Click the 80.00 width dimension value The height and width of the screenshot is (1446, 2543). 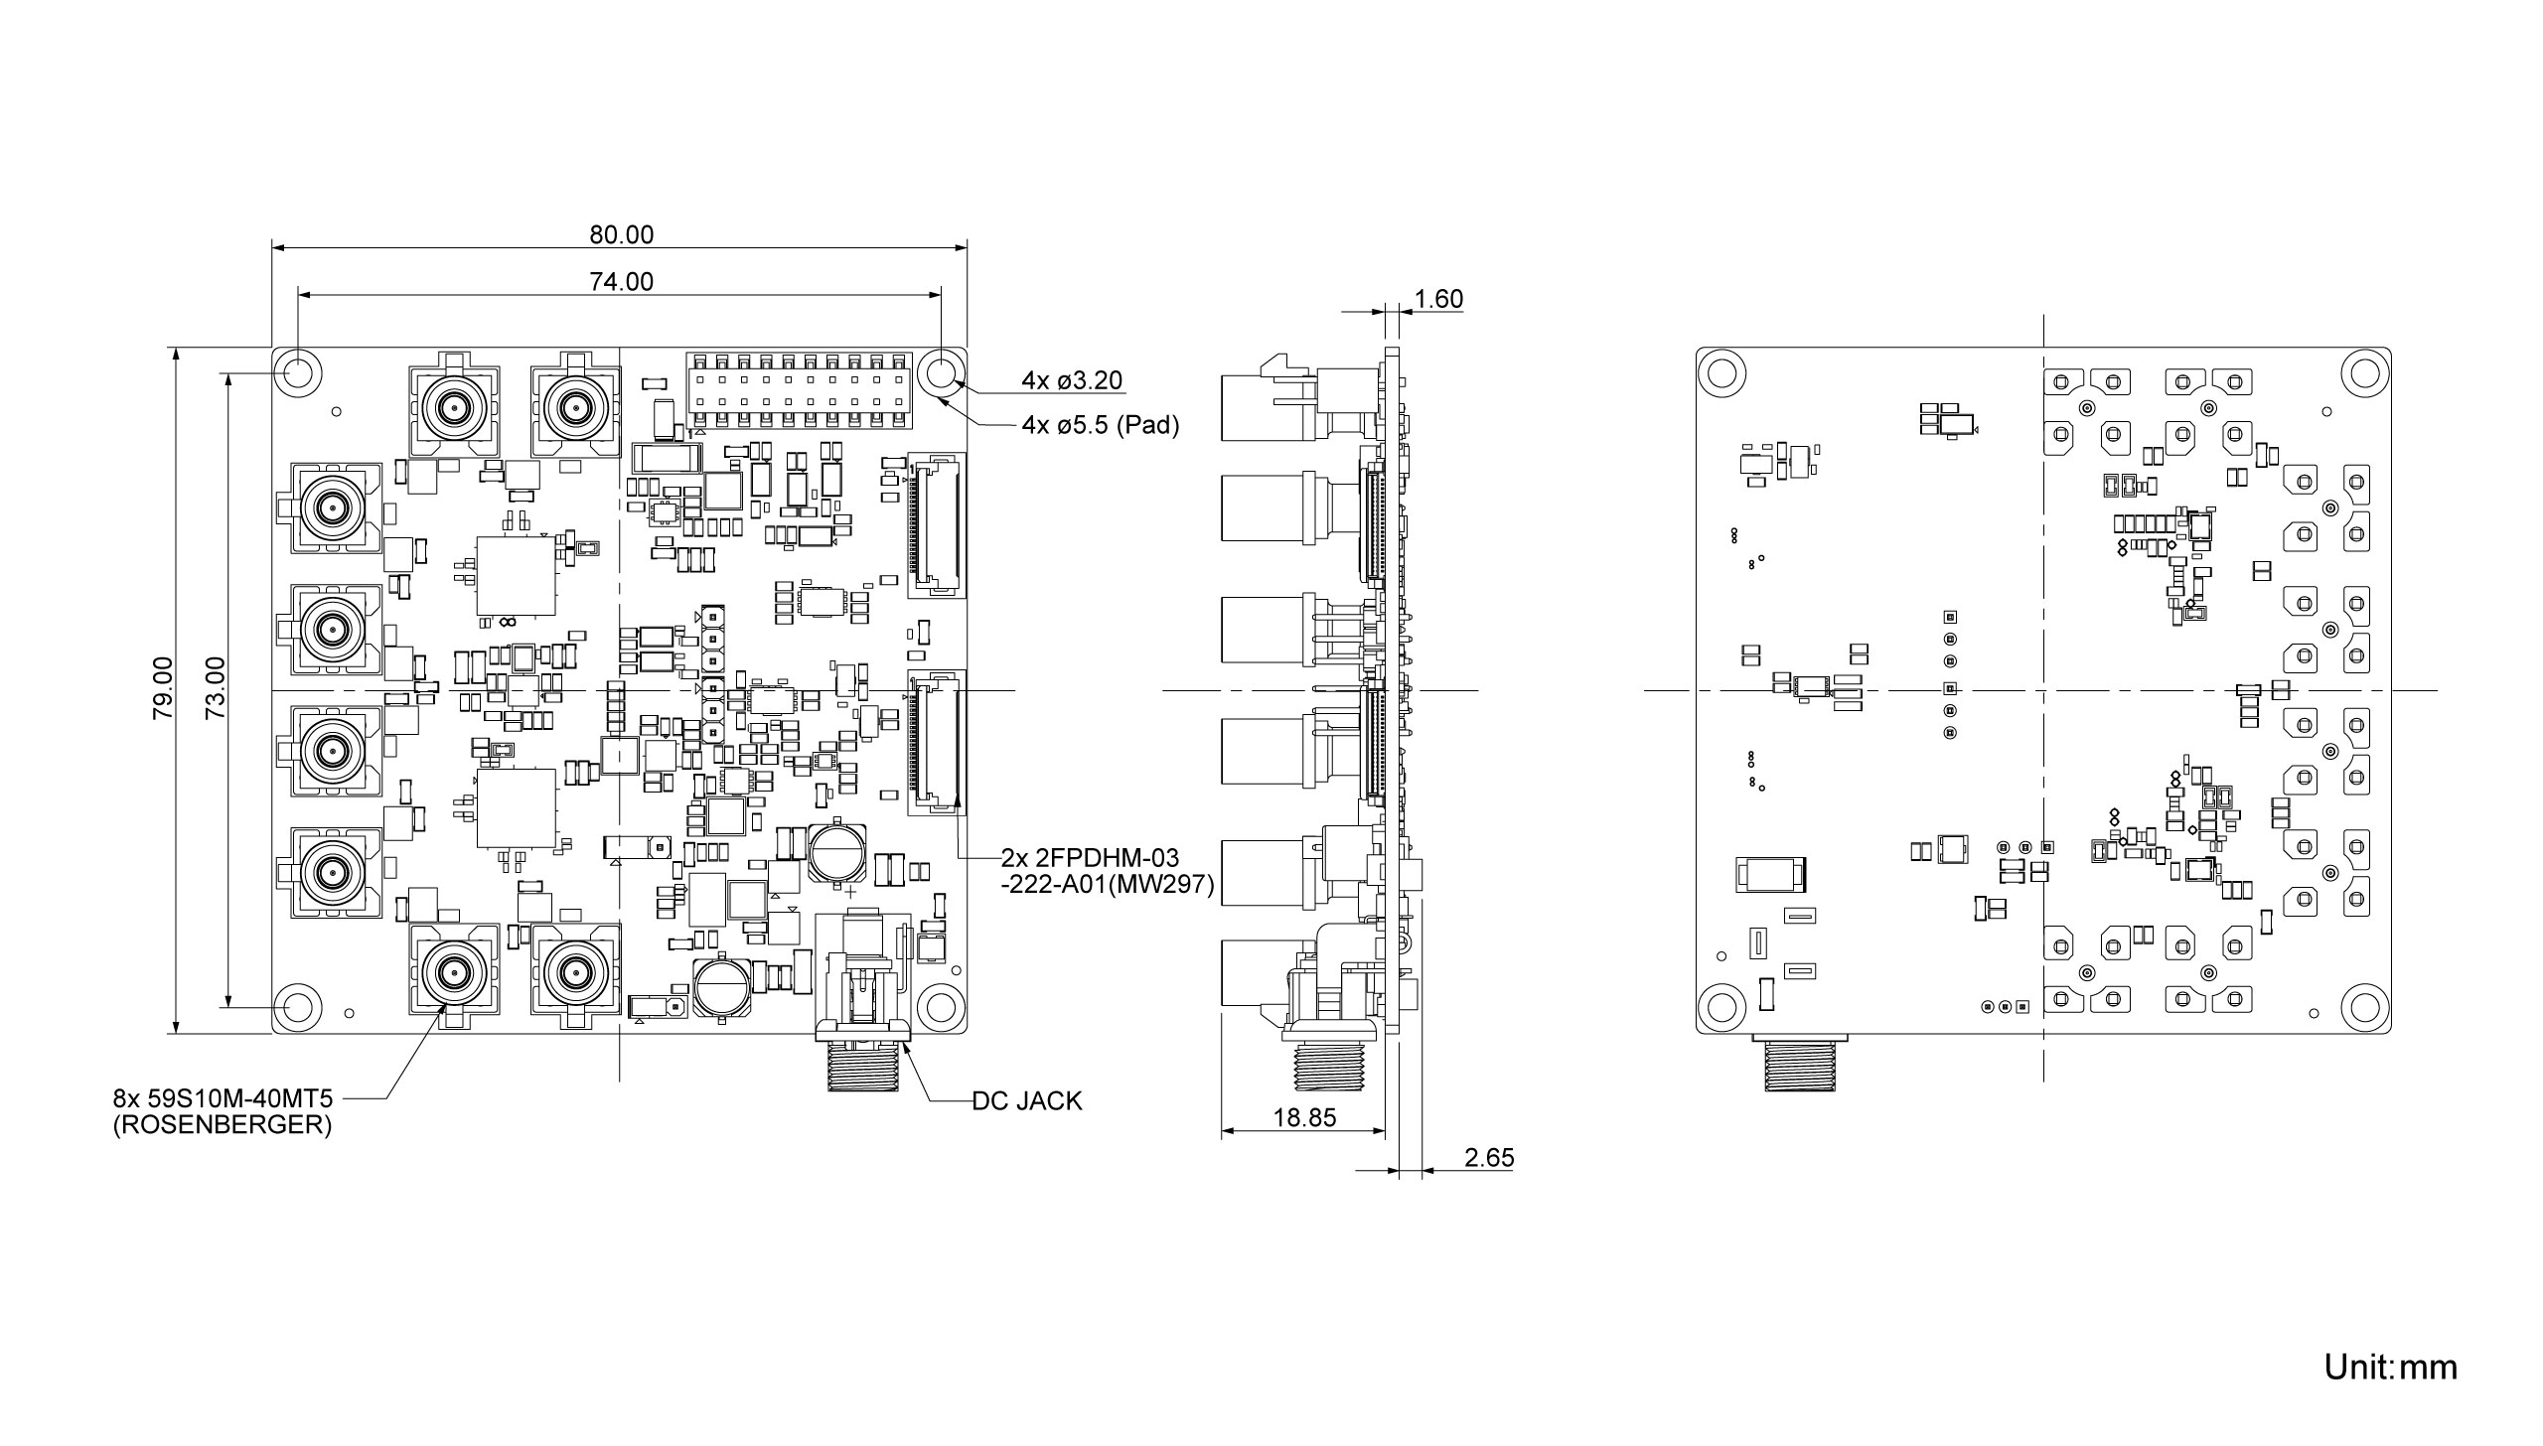tap(622, 235)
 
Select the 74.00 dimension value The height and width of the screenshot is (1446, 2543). tap(622, 282)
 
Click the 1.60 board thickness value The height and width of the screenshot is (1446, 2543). tap(1437, 300)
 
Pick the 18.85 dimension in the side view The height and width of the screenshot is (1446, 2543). tap(1304, 1118)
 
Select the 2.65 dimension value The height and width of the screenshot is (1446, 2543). tap(1489, 1158)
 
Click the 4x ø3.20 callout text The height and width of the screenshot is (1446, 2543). tap(1072, 380)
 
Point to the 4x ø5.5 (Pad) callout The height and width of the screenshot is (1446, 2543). tap(1100, 426)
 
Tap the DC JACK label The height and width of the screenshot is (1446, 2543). tap(1026, 1100)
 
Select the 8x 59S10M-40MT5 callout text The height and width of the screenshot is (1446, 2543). tap(223, 1099)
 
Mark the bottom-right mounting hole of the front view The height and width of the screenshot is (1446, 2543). tap(940, 1007)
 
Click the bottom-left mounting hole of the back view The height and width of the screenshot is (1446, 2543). tap(1721, 1007)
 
